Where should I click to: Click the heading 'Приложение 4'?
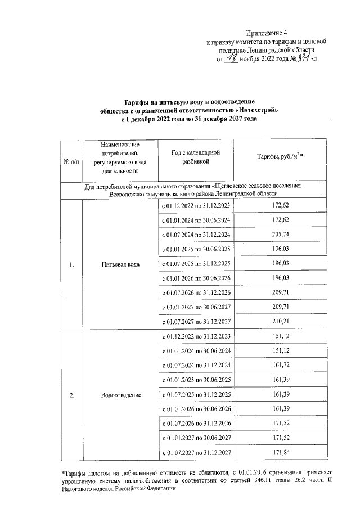pos(267,34)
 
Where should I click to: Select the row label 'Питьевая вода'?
pos(118,264)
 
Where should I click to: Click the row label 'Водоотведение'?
pos(118,395)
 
